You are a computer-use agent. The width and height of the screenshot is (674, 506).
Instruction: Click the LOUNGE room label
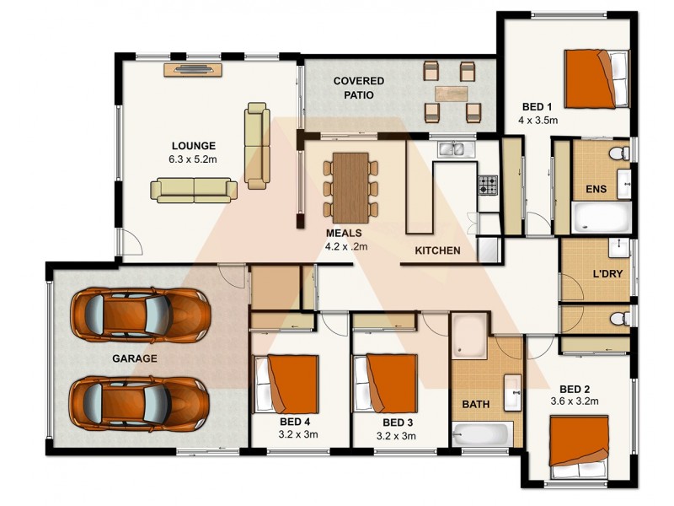coord(194,145)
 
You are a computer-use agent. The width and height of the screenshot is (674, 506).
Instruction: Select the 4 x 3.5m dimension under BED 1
coord(539,120)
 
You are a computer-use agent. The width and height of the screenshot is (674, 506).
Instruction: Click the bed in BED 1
coord(596,78)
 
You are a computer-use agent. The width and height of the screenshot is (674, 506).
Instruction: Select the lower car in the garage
coord(140,401)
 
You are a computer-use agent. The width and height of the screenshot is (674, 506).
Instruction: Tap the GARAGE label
coord(134,358)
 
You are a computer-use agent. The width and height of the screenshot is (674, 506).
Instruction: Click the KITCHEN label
coord(437,250)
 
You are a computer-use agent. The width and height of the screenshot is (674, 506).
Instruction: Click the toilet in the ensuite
coord(618,153)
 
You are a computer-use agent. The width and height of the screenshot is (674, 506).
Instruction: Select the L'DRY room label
coord(607,274)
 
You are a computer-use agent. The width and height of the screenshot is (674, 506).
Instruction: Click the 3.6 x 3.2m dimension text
coord(574,401)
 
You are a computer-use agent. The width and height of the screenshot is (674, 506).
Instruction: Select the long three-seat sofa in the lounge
coord(193,190)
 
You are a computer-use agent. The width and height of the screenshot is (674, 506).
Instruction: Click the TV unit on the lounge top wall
coord(192,69)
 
